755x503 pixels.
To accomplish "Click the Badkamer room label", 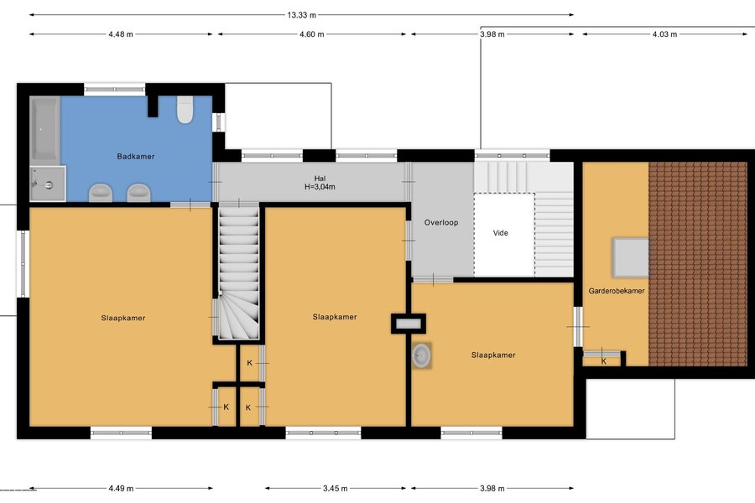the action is click(x=136, y=157).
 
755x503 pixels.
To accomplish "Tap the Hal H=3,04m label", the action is click(x=320, y=183).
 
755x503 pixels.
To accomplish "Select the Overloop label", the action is click(x=441, y=223).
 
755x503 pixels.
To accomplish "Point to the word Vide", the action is click(x=500, y=233).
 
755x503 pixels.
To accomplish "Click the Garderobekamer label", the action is click(x=617, y=291).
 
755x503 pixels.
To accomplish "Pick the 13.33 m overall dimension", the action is click(x=302, y=15).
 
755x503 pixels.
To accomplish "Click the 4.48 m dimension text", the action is click(x=121, y=34).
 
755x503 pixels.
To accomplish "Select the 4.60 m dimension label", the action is click(x=312, y=34).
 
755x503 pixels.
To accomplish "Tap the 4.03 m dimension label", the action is click(x=664, y=34).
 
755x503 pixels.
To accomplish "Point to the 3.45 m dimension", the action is click(x=335, y=489).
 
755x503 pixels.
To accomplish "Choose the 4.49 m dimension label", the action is click(x=121, y=489).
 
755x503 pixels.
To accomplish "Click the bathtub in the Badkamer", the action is click(x=44, y=129).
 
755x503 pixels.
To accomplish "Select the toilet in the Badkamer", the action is click(x=185, y=110).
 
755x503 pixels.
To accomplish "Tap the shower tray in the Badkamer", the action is click(x=48, y=184).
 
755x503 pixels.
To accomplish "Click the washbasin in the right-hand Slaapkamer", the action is click(x=421, y=355).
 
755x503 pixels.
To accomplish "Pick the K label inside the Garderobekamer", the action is click(x=604, y=361).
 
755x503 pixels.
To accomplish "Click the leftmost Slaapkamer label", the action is click(x=123, y=319).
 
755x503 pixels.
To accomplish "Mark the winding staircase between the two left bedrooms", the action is click(x=239, y=272).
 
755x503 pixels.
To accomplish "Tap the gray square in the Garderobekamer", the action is click(x=630, y=257).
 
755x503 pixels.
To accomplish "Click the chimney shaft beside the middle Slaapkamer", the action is click(x=409, y=324).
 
